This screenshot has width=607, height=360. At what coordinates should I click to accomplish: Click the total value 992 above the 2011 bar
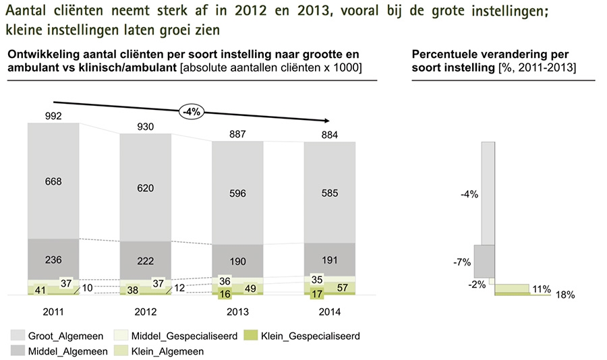coord(53,116)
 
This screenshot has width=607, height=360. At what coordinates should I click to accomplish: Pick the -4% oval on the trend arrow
coord(192,112)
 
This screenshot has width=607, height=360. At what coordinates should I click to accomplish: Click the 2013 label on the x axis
coord(238,313)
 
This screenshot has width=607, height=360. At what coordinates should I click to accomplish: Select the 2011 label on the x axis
coord(53,313)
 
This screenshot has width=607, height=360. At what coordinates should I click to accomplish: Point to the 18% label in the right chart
coord(565,295)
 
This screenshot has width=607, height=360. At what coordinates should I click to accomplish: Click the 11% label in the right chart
coord(540,288)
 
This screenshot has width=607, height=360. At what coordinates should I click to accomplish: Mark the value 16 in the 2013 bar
coord(223,294)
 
